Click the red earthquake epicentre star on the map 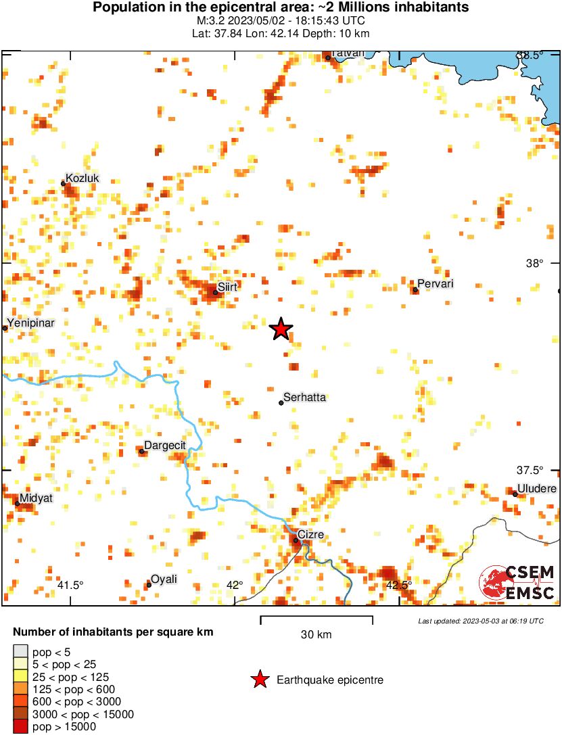coord(281,329)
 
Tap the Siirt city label coord(228,287)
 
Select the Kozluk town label coord(83,178)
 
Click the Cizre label coord(311,535)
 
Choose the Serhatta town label coord(304,398)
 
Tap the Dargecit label coord(165,445)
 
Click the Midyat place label coord(36,498)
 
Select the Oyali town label coord(164,579)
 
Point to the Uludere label coord(536,489)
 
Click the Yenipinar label coord(30,323)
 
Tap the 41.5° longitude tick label coord(70,585)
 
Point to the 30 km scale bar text coord(316,634)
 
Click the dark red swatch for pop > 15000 coord(21,727)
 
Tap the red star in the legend coord(258,680)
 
